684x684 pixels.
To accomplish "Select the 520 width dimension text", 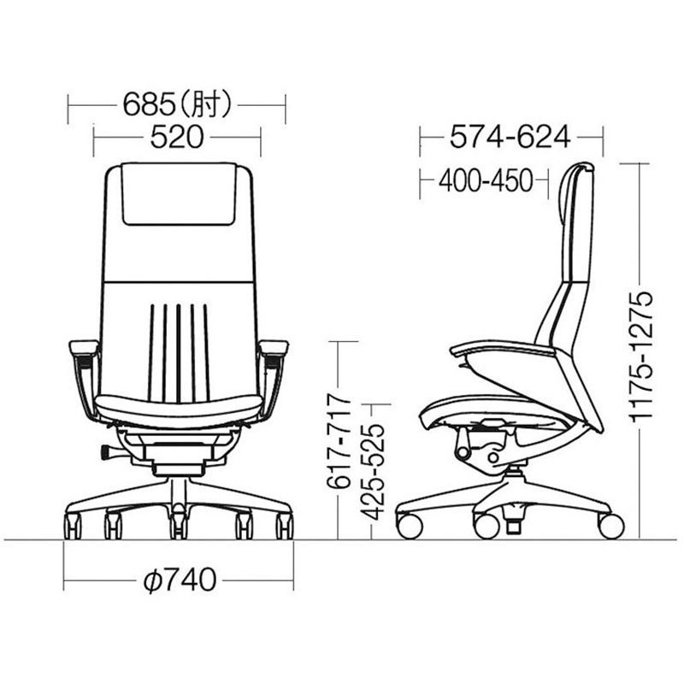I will click(176, 137).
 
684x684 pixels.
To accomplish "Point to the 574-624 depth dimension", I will click(510, 137).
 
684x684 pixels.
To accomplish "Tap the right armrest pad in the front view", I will click(274, 348).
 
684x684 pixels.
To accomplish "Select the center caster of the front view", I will click(178, 525).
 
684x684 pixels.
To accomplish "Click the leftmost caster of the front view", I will click(73, 525).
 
